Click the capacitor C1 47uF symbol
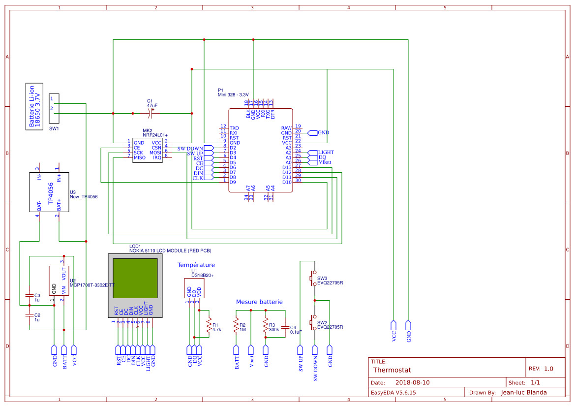(151, 113)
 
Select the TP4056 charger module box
(49, 192)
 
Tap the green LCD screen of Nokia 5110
(135, 278)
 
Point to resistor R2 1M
(236, 325)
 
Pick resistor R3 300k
(266, 325)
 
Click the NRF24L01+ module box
(147, 150)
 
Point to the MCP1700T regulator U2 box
(59, 281)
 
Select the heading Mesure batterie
(259, 302)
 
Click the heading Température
(196, 265)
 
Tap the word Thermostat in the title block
(392, 370)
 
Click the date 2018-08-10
(412, 382)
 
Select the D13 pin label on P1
(287, 167)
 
